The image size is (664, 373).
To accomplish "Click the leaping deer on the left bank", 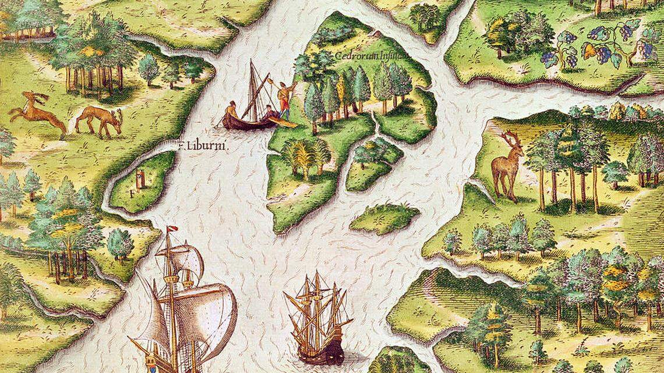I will [37, 110].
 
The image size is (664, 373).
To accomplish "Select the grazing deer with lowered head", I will [99, 119].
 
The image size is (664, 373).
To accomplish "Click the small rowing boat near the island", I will [245, 121].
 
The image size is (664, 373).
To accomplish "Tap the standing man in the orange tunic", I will [284, 100].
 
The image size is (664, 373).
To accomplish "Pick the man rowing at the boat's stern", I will [231, 111].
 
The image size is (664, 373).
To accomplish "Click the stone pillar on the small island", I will [140, 177].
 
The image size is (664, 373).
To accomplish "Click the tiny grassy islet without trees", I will [384, 218].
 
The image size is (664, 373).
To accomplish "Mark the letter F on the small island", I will [132, 190].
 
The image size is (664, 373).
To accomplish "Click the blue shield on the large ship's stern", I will [152, 366].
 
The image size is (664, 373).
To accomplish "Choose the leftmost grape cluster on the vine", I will [549, 58].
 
